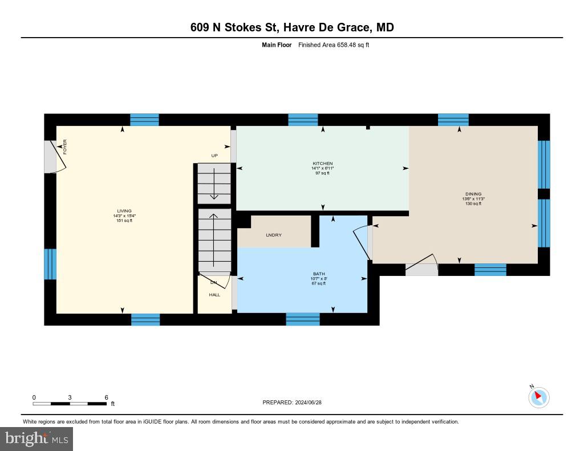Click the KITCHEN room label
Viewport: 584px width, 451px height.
(x=322, y=164)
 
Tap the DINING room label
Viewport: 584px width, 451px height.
(x=472, y=194)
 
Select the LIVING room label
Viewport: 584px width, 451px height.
(x=124, y=211)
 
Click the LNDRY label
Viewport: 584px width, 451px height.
(x=273, y=235)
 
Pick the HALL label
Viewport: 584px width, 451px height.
(x=214, y=295)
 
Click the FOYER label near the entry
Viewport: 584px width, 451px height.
(x=65, y=147)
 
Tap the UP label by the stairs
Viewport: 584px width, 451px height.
(x=214, y=155)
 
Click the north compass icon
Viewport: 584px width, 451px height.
(x=538, y=397)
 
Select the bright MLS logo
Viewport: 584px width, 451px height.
(x=36, y=438)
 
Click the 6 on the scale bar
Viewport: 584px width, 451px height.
(x=106, y=397)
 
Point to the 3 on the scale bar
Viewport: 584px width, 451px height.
(x=70, y=397)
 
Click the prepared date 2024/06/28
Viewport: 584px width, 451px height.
(x=311, y=403)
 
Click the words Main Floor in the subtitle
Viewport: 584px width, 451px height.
(x=277, y=44)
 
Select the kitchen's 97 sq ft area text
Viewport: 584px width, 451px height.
(x=322, y=173)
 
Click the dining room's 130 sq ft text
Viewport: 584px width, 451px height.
(x=472, y=204)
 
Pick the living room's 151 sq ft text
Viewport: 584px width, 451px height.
(x=124, y=221)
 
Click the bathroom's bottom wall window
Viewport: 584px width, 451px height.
(x=303, y=319)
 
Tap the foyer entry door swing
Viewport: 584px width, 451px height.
(x=57, y=156)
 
